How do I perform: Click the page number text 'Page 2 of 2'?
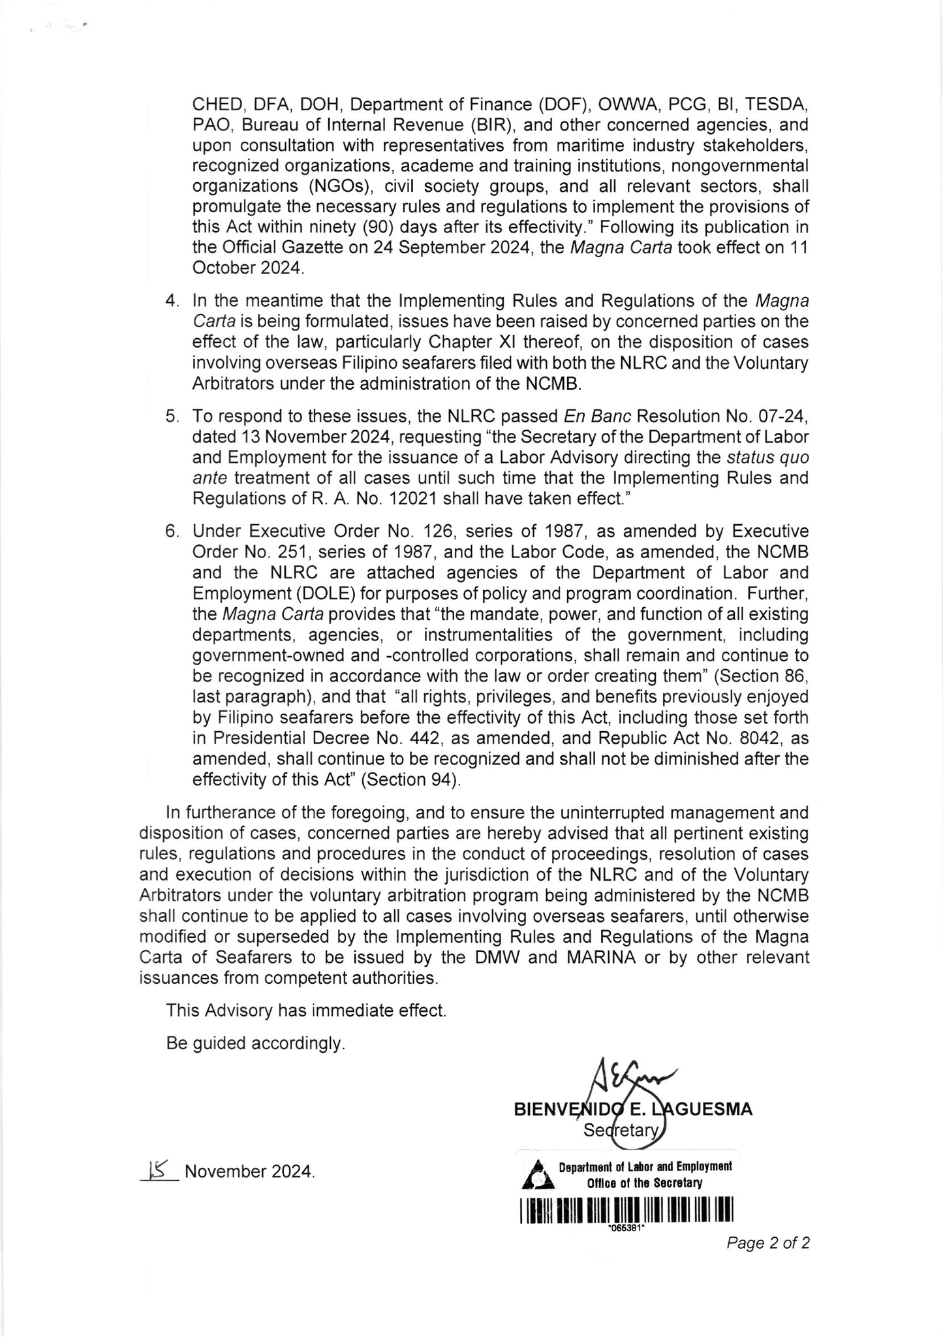pos(768,1243)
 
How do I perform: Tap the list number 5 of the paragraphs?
pos(172,416)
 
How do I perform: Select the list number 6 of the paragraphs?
pos(172,531)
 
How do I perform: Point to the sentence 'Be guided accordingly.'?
pos(255,1043)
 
